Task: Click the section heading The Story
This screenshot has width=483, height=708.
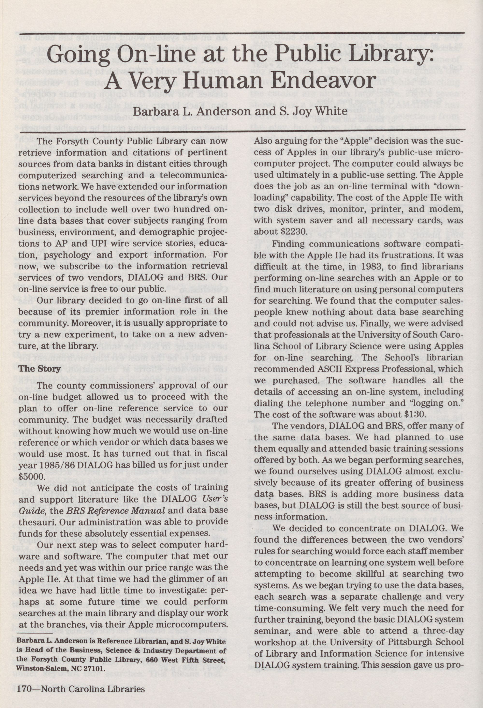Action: [x=40, y=369]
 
